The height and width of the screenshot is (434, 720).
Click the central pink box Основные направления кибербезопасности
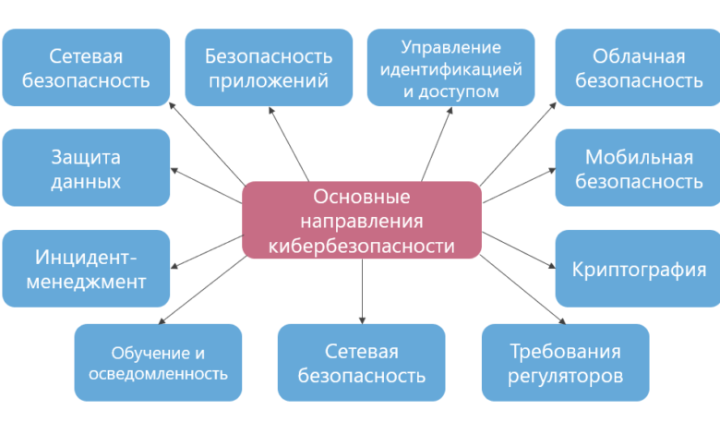pos(361,220)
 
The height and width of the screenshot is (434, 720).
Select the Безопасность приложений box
pos(267,67)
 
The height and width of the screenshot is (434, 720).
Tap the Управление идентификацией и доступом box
pos(450,67)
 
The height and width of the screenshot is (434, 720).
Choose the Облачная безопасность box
pos(638,67)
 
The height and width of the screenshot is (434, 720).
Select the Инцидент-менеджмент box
pos(86,268)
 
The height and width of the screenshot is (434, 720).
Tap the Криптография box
pos(638,269)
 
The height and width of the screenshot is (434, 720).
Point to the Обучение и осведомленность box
pos(158,362)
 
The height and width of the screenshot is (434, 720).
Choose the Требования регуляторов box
pos(565,362)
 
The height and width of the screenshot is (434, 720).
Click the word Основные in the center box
pos(361,196)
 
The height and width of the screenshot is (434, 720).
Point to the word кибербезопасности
pos(361,245)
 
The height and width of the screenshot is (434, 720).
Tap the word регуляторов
pos(566,376)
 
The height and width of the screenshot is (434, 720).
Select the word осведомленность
pos(158,374)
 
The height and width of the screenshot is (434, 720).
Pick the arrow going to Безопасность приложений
pos(289,145)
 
